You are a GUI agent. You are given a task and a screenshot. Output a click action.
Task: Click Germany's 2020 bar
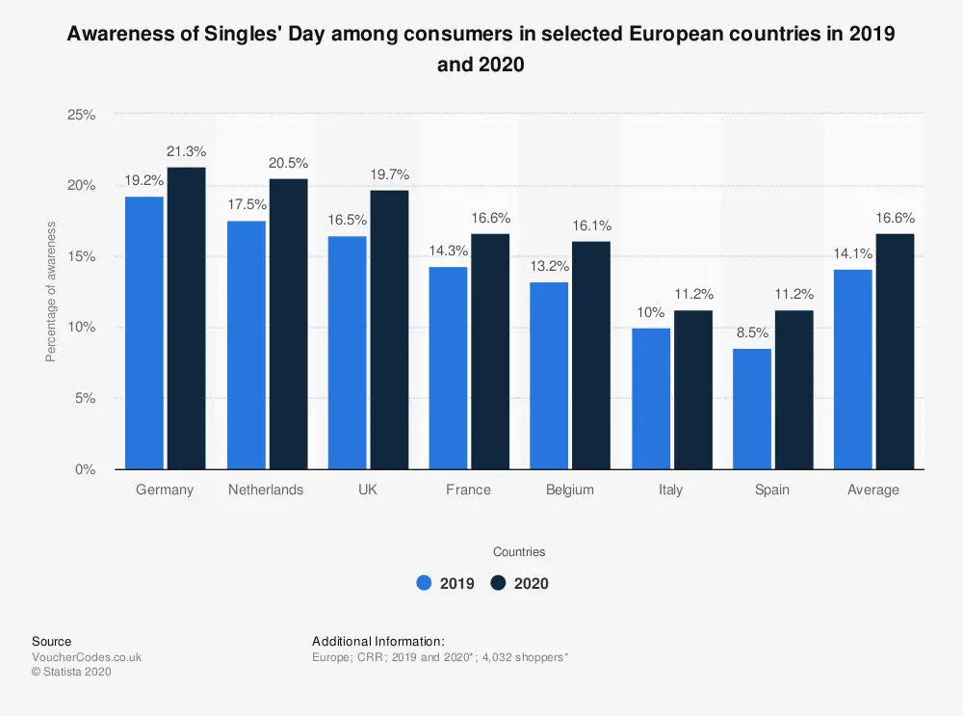(186, 318)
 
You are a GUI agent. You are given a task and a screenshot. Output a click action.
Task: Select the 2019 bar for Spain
(752, 409)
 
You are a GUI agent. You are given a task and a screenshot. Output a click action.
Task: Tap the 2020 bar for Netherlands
(288, 324)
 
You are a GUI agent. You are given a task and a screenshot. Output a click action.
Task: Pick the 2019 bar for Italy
(651, 398)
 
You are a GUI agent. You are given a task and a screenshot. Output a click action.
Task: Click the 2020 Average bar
(895, 351)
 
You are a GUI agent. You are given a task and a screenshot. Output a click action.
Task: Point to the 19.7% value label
(389, 174)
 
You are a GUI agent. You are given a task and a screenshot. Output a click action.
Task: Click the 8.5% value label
(752, 332)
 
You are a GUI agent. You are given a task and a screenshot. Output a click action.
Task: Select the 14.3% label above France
(449, 251)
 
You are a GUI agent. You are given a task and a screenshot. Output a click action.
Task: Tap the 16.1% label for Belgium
(591, 225)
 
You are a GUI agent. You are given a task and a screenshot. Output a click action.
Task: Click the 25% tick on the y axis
(81, 115)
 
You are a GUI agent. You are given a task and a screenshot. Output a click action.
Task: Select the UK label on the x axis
(367, 490)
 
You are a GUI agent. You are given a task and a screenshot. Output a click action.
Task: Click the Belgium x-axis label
(569, 490)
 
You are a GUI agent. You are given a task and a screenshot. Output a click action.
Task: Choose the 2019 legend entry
(445, 583)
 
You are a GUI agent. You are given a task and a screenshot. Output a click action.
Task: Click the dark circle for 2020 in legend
(498, 583)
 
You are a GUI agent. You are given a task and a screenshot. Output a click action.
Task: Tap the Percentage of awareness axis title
(51, 292)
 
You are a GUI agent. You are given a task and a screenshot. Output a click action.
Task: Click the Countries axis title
(519, 552)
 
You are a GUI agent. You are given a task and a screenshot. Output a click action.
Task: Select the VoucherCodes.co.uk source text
(87, 657)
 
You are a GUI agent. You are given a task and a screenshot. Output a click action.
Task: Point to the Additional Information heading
(377, 641)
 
